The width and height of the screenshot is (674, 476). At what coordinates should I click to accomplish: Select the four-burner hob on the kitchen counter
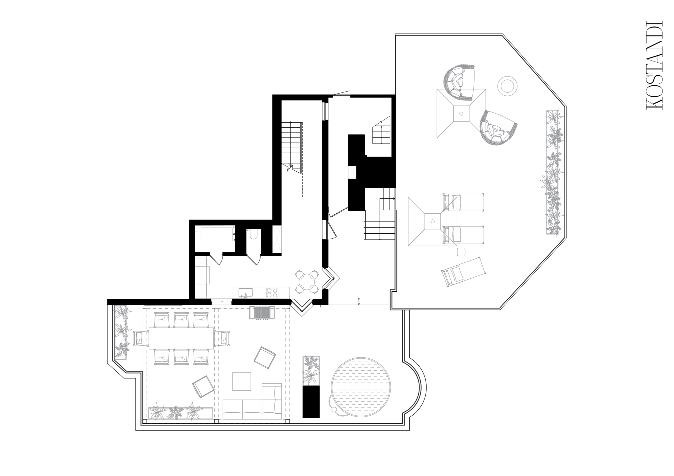tap(272, 292)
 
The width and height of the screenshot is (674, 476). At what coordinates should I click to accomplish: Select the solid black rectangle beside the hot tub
tap(311, 402)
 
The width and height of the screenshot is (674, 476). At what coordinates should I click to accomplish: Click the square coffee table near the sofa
tap(242, 381)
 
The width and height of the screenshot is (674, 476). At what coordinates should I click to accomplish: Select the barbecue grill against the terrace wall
tap(262, 312)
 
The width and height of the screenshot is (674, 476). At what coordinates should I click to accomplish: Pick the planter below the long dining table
tap(181, 413)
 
